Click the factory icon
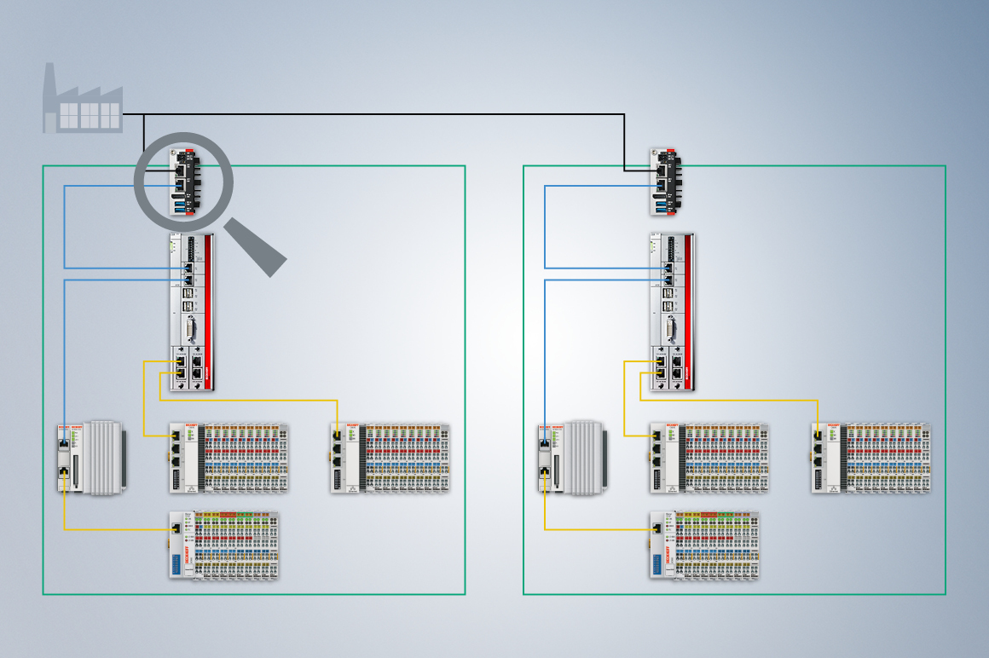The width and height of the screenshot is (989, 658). [x=82, y=101]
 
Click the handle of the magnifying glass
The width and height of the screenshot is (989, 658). [x=257, y=247]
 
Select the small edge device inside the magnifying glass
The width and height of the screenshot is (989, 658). [x=182, y=181]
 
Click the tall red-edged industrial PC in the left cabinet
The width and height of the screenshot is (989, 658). [x=191, y=312]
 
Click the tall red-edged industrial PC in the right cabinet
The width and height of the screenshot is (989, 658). [x=671, y=312]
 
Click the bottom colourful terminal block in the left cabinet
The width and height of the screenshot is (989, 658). [x=223, y=545]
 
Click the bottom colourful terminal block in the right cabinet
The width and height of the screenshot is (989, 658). [x=703, y=545]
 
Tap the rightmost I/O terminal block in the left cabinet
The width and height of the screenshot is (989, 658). [x=391, y=458]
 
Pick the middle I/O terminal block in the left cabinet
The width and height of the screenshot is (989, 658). [x=228, y=458]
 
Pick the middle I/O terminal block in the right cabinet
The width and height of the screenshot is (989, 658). [x=708, y=458]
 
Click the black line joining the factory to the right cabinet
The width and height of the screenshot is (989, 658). [x=384, y=114]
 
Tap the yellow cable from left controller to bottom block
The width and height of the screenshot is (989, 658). [x=111, y=530]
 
